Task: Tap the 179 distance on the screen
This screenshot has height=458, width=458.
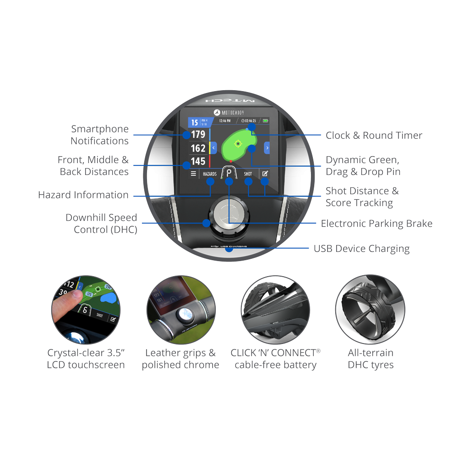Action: pyautogui.click(x=198, y=135)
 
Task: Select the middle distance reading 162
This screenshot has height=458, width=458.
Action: pyautogui.click(x=198, y=148)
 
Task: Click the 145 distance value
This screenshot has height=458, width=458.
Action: pyautogui.click(x=198, y=162)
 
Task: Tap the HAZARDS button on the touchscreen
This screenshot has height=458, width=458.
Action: pyautogui.click(x=210, y=174)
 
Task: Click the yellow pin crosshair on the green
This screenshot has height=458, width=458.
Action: pyautogui.click(x=238, y=144)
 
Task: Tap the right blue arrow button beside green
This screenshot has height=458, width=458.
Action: pyautogui.click(x=267, y=148)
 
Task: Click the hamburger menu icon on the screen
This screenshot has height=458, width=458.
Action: pyautogui.click(x=193, y=174)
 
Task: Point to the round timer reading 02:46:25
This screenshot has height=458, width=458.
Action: pyautogui.click(x=249, y=120)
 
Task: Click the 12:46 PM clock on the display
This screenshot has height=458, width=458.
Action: pyautogui.click(x=225, y=120)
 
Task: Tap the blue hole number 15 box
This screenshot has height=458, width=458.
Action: pyautogui.click(x=195, y=122)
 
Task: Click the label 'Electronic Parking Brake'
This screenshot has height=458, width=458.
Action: pyautogui.click(x=376, y=224)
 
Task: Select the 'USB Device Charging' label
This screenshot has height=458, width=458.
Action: pyautogui.click(x=361, y=249)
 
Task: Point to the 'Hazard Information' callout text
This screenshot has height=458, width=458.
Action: pyautogui.click(x=83, y=195)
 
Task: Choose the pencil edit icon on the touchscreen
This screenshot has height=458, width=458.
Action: pyautogui.click(x=265, y=174)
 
